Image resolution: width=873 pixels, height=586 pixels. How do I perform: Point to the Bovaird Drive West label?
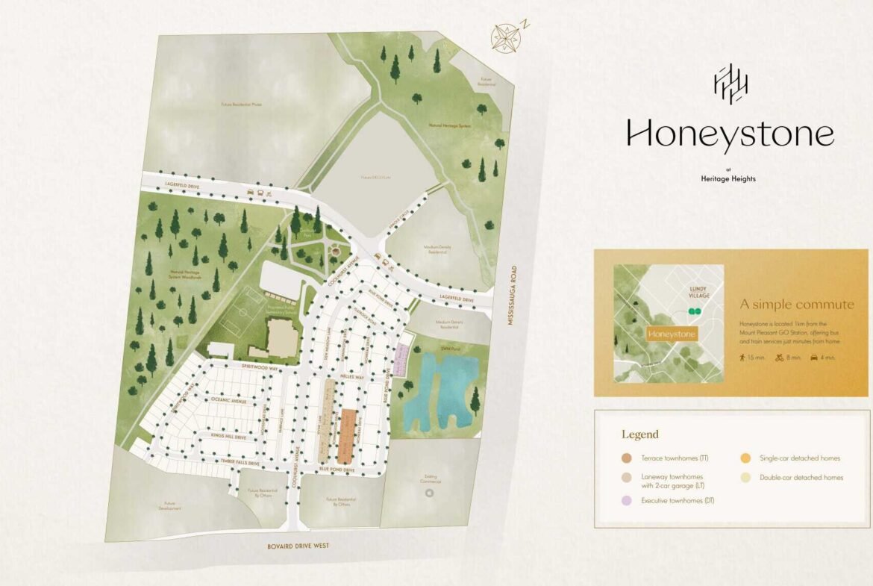pyautogui.click(x=298, y=546)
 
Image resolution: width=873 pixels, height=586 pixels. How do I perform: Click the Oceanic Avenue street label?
pyautogui.click(x=228, y=401)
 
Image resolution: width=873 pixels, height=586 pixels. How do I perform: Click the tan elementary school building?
pyautogui.click(x=281, y=337)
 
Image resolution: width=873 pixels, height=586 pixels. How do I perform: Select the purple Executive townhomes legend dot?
pyautogui.click(x=626, y=500)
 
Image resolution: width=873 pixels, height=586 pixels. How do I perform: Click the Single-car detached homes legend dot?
pyautogui.click(x=745, y=458)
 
